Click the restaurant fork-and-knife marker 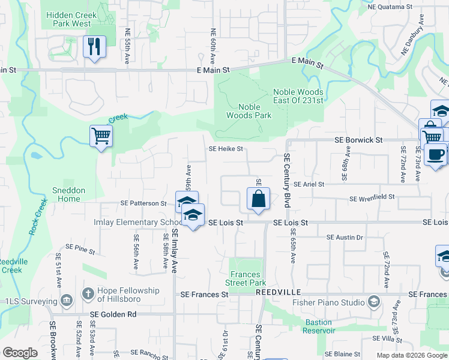coord(94,47)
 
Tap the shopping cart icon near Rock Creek coord(101,136)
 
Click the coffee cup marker coord(435,154)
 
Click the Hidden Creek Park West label coord(70,19)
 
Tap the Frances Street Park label coord(246,278)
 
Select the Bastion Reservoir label coord(318,326)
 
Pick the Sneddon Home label coord(69,194)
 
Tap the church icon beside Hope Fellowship coord(88,294)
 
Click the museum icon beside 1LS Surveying coord(67,301)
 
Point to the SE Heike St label coord(226,149)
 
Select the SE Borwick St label coord(358,140)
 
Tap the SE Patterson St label coord(143,204)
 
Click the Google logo coord(20,353)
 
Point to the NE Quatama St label coord(391,7)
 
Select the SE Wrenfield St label coord(372,197)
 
